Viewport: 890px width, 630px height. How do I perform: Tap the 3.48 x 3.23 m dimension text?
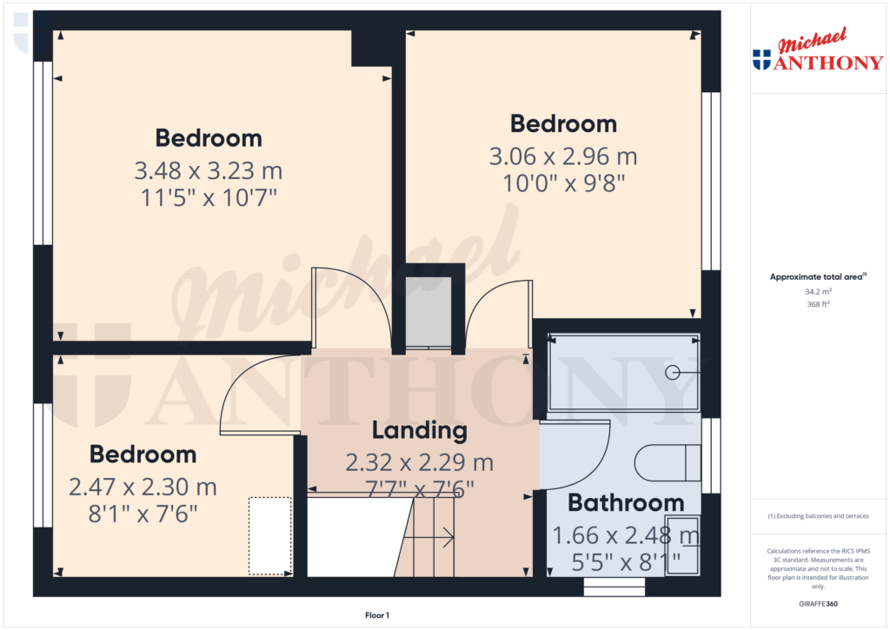coord(209,170)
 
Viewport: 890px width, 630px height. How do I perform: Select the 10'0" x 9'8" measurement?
coord(563,183)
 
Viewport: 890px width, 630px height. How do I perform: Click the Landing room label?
coord(420,430)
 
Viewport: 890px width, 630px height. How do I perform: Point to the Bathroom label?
coord(626,503)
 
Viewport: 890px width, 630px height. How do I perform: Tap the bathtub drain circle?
coord(672,372)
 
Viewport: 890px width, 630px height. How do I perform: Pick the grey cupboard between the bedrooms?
coord(428,312)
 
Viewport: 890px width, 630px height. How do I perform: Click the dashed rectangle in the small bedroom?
coord(269,535)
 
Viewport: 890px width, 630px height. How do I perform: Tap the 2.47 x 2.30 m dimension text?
coord(143,487)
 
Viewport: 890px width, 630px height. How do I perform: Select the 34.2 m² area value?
coord(817,293)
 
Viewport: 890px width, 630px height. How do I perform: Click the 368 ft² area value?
coord(817,304)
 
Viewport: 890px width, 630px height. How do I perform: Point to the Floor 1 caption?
coord(376,615)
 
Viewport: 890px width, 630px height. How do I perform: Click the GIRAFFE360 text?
coord(817,603)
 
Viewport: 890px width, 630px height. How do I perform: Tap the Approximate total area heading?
coord(817,277)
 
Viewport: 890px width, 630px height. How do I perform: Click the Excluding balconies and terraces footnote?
coord(817,516)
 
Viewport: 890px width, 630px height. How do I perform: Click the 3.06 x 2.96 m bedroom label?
coord(563,157)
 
